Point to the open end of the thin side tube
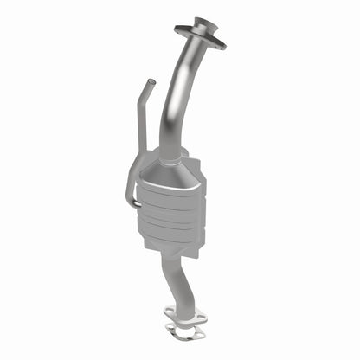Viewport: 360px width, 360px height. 148,82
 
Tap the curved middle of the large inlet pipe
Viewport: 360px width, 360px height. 183,95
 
